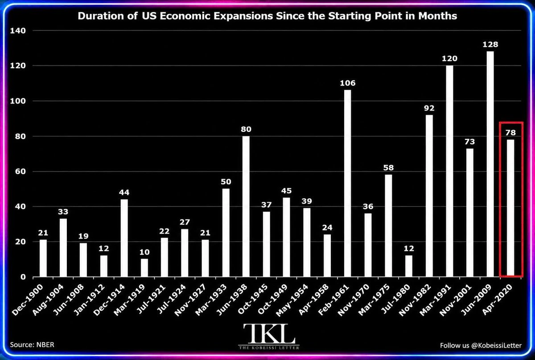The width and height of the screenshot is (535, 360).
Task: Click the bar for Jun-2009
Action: (490, 164)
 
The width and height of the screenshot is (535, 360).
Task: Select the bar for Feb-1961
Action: (347, 184)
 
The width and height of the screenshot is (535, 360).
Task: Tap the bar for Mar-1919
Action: (144, 268)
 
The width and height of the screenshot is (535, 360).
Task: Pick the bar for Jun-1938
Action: (246, 206)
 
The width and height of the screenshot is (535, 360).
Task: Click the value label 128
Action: (490, 45)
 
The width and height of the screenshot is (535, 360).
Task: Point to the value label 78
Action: (510, 133)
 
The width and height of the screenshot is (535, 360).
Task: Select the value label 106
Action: (348, 83)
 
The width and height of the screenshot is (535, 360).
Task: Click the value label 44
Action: (124, 192)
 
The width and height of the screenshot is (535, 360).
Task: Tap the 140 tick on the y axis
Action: (18, 31)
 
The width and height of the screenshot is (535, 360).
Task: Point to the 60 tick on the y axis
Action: (21, 172)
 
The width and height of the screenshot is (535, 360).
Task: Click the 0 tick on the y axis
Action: (23, 277)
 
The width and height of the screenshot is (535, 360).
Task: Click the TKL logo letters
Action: (269, 334)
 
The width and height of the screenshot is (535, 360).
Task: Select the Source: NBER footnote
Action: (32, 345)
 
